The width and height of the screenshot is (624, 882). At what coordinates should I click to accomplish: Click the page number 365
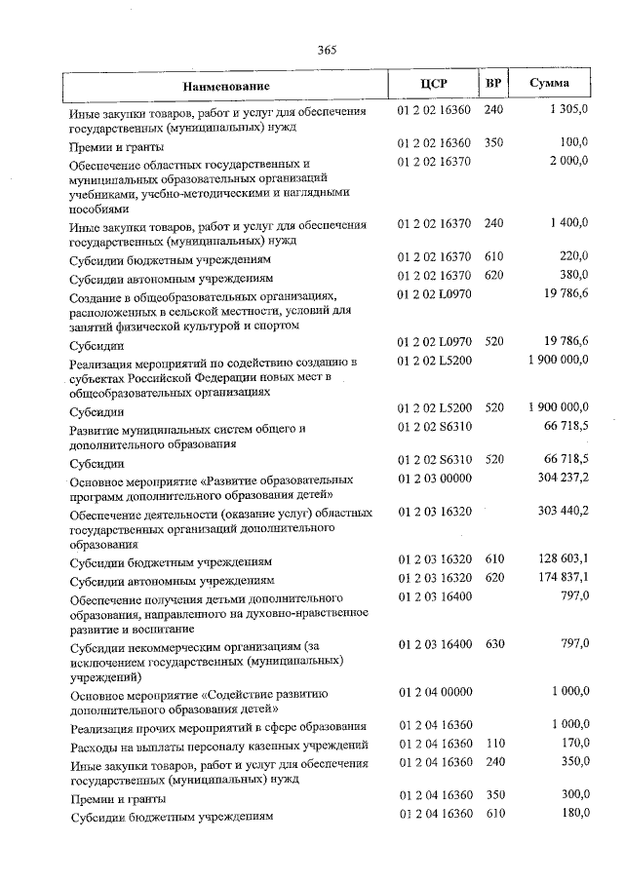327,52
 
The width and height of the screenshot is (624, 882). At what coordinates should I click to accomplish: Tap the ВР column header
493,83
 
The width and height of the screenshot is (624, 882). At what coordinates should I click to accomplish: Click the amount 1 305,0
568,111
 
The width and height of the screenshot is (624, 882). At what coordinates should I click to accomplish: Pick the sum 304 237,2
563,479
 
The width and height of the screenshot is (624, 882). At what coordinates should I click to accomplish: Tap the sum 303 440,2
563,511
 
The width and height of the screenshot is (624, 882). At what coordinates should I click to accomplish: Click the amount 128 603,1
563,560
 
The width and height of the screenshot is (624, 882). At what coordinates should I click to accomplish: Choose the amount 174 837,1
563,578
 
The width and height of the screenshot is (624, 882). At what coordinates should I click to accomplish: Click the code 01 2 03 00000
435,479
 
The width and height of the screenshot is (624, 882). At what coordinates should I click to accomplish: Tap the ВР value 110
493,744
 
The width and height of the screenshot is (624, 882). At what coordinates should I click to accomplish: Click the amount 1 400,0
568,223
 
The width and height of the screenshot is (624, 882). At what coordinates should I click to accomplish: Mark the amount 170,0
573,744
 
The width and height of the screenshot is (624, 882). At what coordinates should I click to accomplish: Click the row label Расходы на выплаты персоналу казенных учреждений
219,746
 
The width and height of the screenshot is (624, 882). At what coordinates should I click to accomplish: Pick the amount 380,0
573,277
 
